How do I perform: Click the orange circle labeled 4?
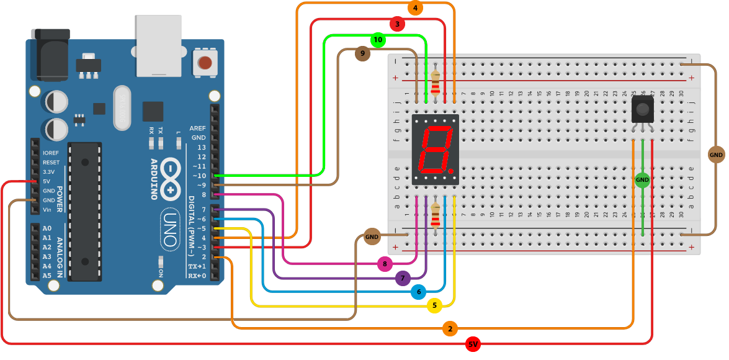coord(416,8)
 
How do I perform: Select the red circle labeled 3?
coord(397,24)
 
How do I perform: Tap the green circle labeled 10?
coord(378,40)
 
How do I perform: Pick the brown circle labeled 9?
coord(362,54)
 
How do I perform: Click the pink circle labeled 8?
coord(385,264)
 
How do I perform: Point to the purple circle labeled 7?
coord(403,279)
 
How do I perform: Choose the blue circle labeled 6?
coord(418,292)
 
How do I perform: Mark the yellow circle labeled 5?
coord(434,305)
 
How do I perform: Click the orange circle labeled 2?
coord(450,328)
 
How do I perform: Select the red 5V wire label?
coord(473,344)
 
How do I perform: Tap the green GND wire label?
coord(642,181)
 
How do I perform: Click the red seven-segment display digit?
coord(435,150)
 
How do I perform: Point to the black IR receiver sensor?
coord(642,110)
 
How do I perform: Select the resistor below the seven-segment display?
coord(436,217)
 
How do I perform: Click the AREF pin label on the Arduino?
coord(198,128)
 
